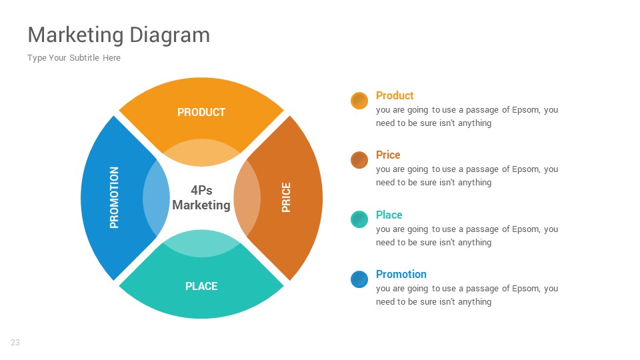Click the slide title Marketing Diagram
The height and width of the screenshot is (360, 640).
(x=119, y=35)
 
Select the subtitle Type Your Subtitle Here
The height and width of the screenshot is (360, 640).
(x=74, y=58)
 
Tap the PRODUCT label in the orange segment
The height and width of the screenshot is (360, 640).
(x=201, y=112)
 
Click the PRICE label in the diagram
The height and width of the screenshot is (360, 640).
(x=286, y=197)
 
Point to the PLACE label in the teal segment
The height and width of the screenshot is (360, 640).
(x=201, y=286)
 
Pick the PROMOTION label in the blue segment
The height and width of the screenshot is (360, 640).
(x=114, y=197)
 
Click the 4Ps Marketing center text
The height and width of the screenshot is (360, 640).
(x=201, y=197)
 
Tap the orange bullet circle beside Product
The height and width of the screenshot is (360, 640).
(x=359, y=101)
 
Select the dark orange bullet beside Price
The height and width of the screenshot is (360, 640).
(x=359, y=160)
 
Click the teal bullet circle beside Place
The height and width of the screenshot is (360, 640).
(x=359, y=219)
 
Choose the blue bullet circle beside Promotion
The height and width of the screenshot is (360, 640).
(x=359, y=279)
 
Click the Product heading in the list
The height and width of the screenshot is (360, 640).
(x=395, y=95)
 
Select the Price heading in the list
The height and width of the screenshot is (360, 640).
(x=388, y=155)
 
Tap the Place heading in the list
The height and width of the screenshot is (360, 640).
(x=389, y=215)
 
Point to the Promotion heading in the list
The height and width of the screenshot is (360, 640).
(x=401, y=274)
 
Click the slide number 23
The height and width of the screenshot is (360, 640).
(x=15, y=343)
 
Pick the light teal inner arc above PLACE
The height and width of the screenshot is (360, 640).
(x=201, y=243)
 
